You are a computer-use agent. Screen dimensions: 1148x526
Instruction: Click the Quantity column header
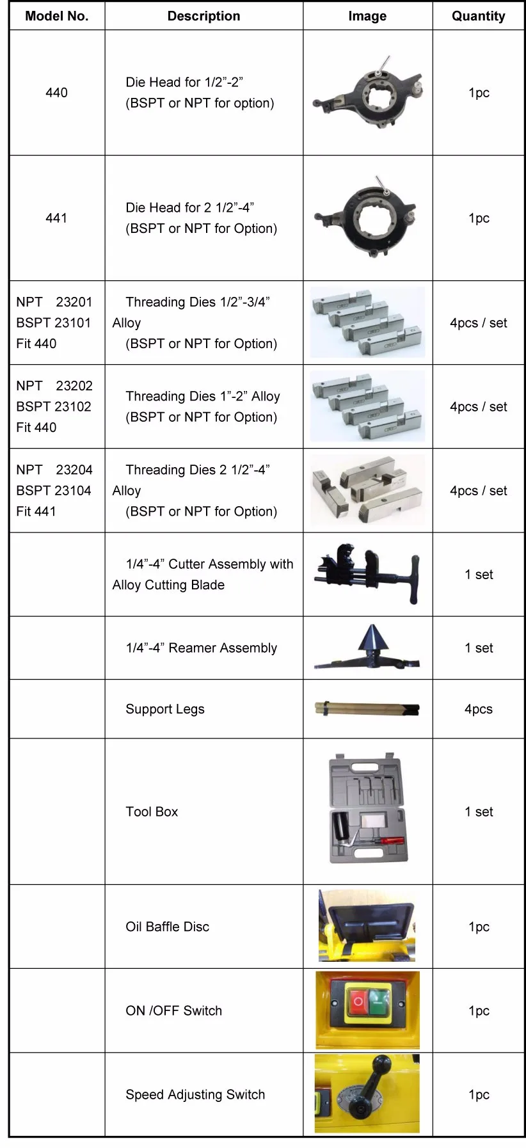tap(478, 16)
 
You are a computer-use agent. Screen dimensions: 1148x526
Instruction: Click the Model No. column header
tap(56, 16)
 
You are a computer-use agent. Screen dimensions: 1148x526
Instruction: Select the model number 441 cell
tap(56, 218)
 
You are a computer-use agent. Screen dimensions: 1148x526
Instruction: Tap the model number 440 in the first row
tap(56, 93)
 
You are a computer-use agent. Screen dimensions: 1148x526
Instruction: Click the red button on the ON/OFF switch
tap(357, 1001)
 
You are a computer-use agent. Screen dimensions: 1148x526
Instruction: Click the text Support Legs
tap(165, 709)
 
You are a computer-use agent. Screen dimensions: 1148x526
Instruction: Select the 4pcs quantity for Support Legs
tap(478, 709)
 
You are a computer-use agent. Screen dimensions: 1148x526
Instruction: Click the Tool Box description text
tap(152, 811)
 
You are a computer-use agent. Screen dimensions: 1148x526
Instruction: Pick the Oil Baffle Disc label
tap(167, 927)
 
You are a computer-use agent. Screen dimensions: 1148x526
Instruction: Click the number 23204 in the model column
tap(74, 470)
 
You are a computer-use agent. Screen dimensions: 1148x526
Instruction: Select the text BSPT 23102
tap(54, 406)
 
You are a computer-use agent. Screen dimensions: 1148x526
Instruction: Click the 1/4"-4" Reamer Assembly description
tap(201, 648)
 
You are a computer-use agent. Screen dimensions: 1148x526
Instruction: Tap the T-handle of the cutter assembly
tap(413, 580)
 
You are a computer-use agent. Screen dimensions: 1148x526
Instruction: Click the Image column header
tap(367, 16)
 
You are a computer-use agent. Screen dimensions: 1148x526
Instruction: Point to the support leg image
tap(367, 708)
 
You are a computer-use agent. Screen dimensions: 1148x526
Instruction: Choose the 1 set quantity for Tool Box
tap(478, 811)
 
